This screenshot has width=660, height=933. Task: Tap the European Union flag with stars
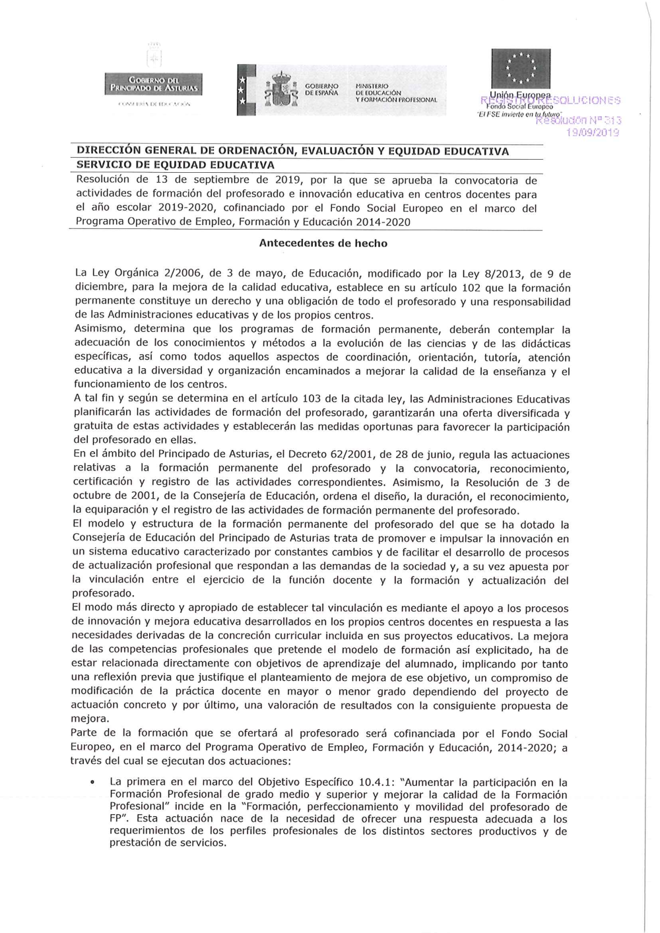[521, 68]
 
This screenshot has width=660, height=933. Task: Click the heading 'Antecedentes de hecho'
[323, 243]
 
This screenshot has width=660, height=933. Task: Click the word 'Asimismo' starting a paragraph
[98, 329]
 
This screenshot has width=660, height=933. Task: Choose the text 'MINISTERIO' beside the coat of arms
[372, 86]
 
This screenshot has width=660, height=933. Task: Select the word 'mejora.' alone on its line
[89, 719]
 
